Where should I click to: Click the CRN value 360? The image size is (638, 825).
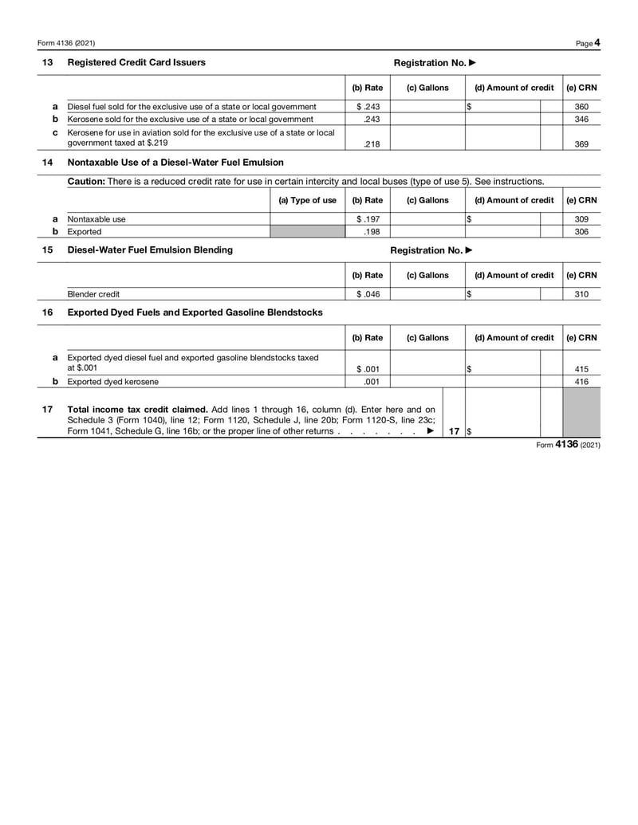(581, 106)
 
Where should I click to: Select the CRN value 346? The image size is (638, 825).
(581, 119)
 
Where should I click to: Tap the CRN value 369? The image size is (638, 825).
(581, 144)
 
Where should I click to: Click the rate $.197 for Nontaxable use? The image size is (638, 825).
(367, 219)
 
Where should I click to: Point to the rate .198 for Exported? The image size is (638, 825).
(369, 232)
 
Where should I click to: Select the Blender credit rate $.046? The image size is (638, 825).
(367, 294)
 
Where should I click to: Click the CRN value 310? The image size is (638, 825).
(581, 294)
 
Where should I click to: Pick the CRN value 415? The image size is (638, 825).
(581, 369)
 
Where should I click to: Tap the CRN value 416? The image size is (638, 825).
(581, 382)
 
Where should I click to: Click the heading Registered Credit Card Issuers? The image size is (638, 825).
(136, 62)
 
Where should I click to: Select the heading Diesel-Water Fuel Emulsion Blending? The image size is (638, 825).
(150, 249)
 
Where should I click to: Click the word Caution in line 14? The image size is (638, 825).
(85, 181)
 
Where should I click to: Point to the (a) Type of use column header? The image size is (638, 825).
(307, 200)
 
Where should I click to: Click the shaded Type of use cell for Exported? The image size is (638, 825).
(307, 232)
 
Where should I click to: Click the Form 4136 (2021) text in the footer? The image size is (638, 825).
(569, 445)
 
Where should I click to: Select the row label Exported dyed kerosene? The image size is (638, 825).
(112, 382)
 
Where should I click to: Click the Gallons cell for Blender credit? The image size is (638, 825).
(427, 294)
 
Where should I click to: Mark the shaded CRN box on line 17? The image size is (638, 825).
(581, 413)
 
